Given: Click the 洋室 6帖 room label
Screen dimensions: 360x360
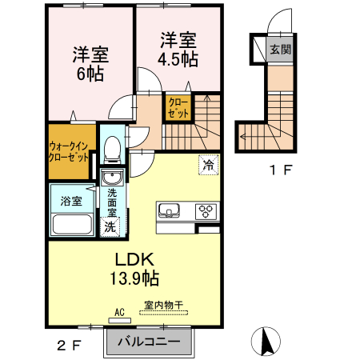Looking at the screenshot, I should (x=90, y=64).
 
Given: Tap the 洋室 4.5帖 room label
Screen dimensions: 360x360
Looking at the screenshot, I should (x=178, y=49).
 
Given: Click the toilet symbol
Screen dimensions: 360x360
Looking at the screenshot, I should (x=113, y=148).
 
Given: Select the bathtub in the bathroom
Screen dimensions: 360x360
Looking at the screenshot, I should (x=72, y=225).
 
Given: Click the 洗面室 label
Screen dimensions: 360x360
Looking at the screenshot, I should (x=113, y=203).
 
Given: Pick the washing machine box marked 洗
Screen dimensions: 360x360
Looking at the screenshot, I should (x=110, y=226).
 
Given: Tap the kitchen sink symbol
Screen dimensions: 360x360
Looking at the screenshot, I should (x=170, y=211).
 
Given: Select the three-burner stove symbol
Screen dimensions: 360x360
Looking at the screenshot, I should (x=206, y=211).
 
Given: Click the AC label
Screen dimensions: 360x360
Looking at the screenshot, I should (x=120, y=312).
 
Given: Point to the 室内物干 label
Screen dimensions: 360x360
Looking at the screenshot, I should (x=164, y=306).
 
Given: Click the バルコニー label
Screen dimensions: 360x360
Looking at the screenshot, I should (x=150, y=342).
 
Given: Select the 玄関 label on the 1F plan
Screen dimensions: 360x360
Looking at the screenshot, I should (x=280, y=49).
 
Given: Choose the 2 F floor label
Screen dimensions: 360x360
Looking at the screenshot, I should (x=70, y=345).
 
